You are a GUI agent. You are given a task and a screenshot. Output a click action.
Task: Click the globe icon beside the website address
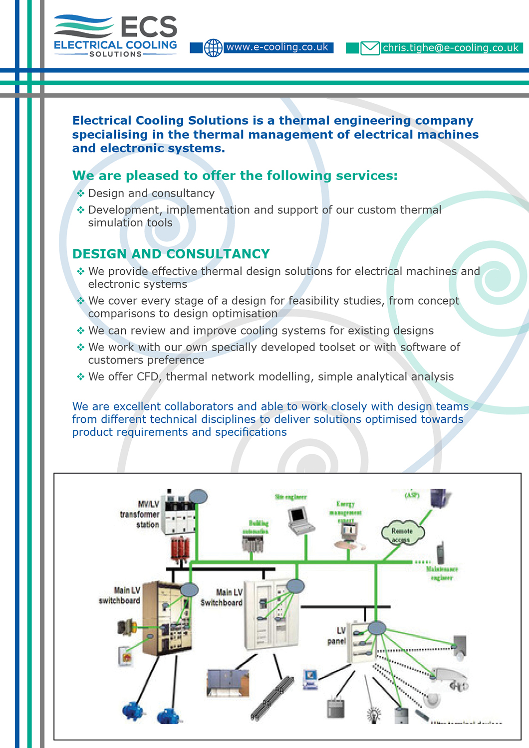[213, 48]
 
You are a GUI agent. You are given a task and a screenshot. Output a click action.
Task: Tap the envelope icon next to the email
[370, 48]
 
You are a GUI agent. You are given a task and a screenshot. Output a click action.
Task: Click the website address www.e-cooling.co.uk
[277, 47]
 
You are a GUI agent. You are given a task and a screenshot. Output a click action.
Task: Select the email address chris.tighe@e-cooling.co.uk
[451, 48]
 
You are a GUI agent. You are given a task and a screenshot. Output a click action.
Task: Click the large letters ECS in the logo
[149, 27]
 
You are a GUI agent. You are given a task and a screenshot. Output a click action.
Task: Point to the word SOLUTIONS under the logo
[116, 54]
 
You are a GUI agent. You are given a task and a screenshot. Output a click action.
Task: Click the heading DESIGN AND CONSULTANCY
[171, 254]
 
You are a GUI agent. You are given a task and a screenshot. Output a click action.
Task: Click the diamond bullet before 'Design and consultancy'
[81, 193]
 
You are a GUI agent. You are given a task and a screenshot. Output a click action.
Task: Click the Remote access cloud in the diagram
[402, 534]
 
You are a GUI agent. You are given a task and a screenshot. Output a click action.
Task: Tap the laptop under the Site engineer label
[301, 520]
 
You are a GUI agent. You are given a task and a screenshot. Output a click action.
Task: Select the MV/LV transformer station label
[140, 514]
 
